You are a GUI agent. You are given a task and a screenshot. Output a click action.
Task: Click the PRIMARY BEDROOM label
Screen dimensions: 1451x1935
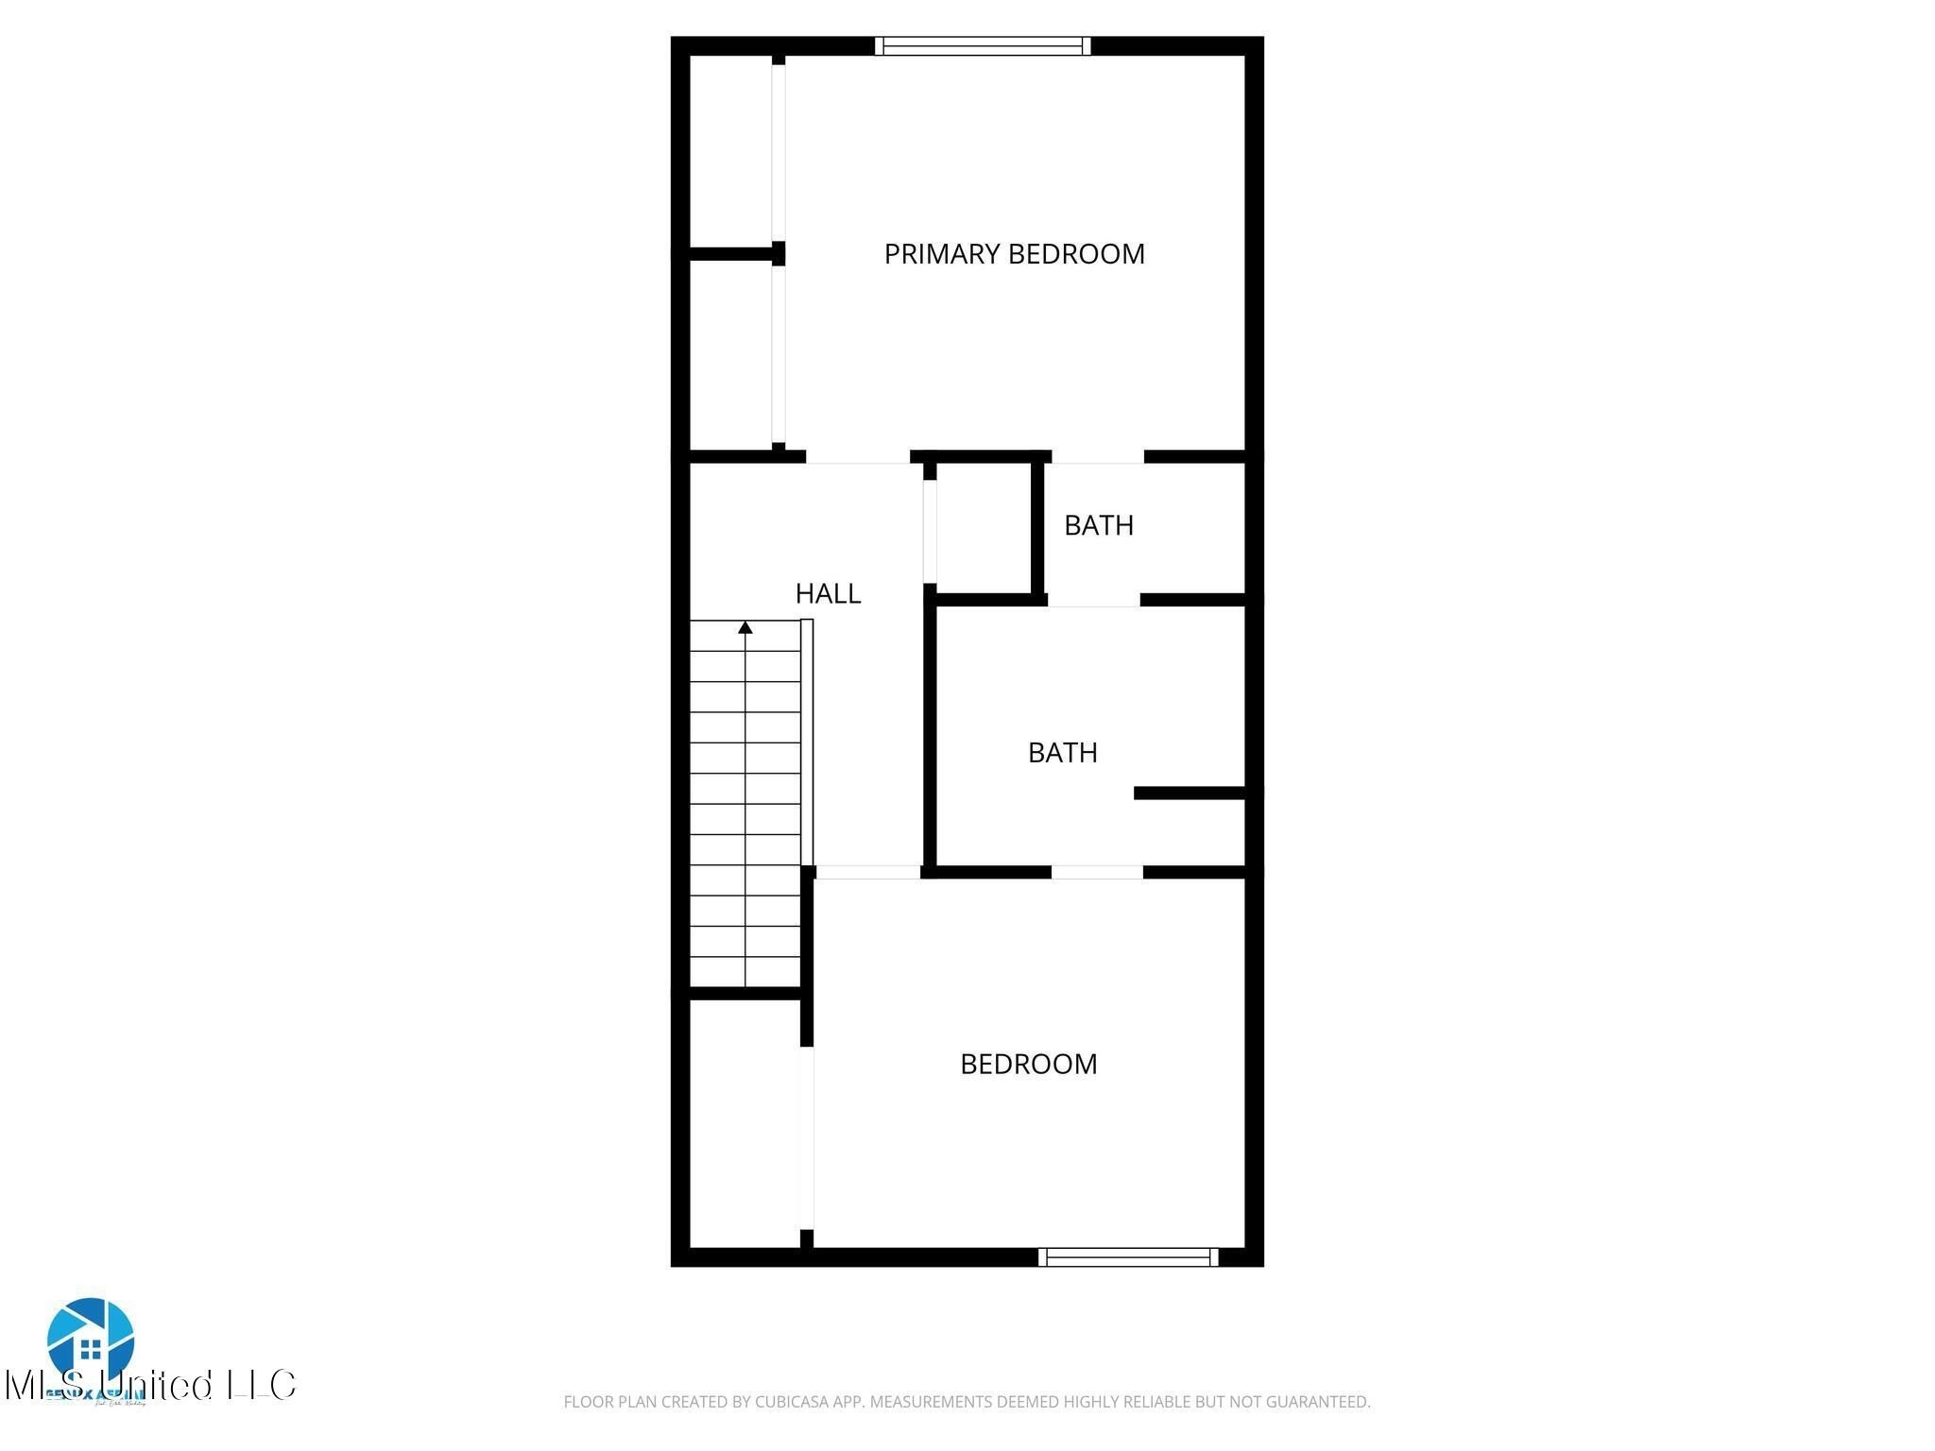pyautogui.click(x=1014, y=254)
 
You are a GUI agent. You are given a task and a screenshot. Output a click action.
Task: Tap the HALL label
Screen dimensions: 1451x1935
pyautogui.click(x=828, y=594)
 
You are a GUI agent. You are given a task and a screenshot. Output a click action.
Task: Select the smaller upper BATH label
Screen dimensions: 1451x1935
pyautogui.click(x=1098, y=525)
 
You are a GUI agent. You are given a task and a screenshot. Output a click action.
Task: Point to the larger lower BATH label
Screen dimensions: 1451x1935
pyautogui.click(x=1062, y=753)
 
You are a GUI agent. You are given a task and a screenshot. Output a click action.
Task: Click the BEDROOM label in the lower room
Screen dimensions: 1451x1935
pyautogui.click(x=1028, y=1065)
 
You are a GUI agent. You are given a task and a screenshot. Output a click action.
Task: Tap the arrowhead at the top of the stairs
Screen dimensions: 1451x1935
pyautogui.click(x=745, y=627)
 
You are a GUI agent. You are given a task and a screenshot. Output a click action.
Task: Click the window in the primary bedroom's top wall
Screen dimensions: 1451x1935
pyautogui.click(x=982, y=46)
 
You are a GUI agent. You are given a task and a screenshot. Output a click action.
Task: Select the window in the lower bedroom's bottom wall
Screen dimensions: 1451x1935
pyautogui.click(x=1128, y=1256)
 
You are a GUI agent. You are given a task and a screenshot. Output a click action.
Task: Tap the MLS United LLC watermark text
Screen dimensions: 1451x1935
pyautogui.click(x=151, y=1386)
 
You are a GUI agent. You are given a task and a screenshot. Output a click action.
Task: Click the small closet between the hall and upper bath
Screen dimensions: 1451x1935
pyautogui.click(x=983, y=529)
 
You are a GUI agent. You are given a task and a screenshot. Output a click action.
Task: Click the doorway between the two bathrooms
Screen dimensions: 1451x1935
pyautogui.click(x=1093, y=601)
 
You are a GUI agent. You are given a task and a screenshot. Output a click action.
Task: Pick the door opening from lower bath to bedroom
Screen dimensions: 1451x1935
pyautogui.click(x=1097, y=872)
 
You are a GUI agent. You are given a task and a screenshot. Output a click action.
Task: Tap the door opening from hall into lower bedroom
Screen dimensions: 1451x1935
pyautogui.click(x=867, y=873)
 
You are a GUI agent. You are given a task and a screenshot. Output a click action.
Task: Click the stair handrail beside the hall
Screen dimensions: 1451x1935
pyautogui.click(x=807, y=742)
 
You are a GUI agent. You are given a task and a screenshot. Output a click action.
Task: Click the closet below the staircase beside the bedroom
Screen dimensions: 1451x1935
pyautogui.click(x=745, y=1124)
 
